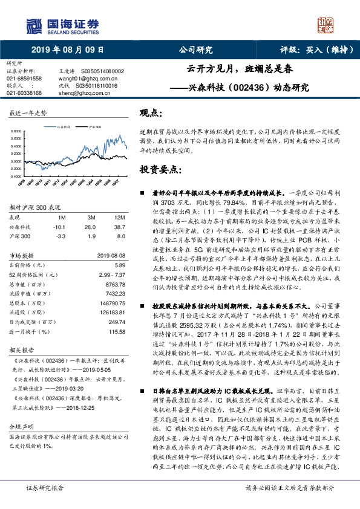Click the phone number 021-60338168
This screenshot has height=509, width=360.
(x=24, y=93)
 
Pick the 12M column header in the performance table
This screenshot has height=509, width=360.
(x=114, y=216)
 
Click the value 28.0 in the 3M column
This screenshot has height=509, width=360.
(x=91, y=226)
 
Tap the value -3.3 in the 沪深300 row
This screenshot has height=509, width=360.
(x=61, y=237)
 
